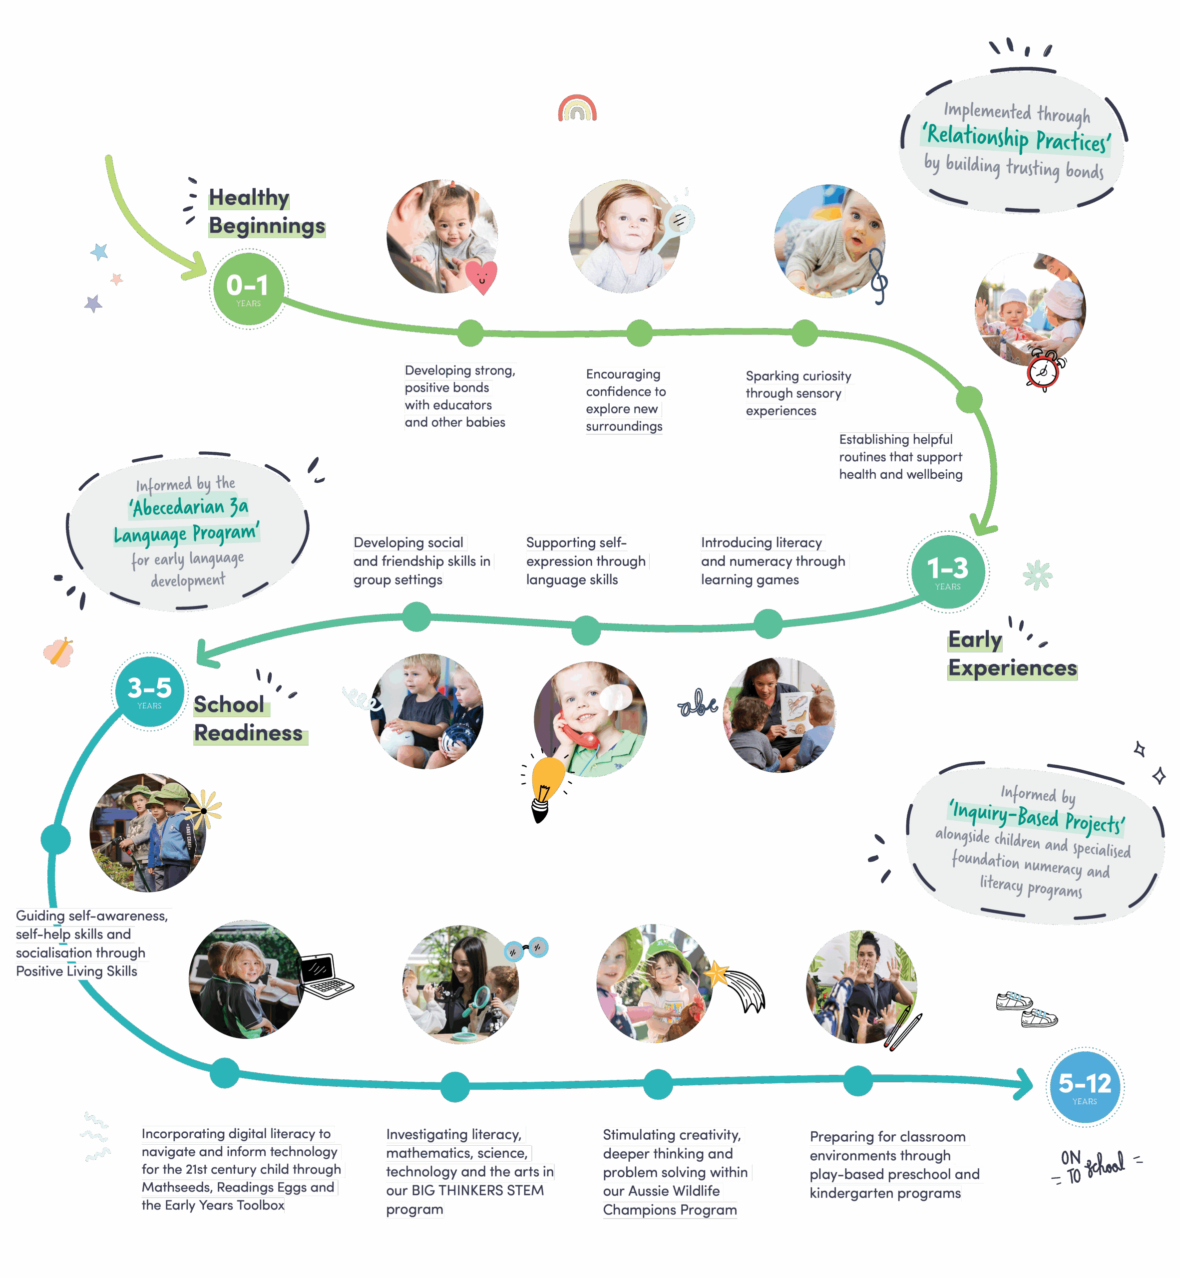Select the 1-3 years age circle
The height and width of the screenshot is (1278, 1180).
click(948, 571)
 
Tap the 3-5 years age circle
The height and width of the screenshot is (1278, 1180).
click(149, 691)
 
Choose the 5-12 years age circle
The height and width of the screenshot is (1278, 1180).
click(1084, 1086)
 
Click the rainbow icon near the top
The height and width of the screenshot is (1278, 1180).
click(577, 108)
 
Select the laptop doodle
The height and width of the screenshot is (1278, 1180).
click(326, 976)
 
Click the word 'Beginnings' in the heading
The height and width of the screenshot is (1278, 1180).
click(267, 226)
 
